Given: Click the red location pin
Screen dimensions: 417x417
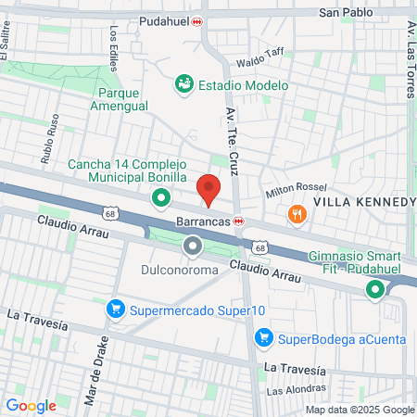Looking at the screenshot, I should tap(209, 188).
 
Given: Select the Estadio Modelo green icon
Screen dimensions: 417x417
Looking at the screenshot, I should tap(183, 84).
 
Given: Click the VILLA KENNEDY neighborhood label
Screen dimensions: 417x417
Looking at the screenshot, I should tap(363, 201).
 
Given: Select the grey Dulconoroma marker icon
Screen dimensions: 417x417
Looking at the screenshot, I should tap(193, 246).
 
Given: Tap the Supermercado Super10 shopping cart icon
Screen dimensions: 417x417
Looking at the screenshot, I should tap(116, 309).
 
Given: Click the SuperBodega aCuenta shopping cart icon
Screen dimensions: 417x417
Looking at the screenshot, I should tap(263, 337).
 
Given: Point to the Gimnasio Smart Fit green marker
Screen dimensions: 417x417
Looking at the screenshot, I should tap(375, 291).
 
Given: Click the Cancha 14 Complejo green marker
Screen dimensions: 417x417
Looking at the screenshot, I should tap(161, 197).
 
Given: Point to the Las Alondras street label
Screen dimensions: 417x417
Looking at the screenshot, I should tap(297, 390).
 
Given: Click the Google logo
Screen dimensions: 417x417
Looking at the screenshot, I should tap(31, 405).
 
